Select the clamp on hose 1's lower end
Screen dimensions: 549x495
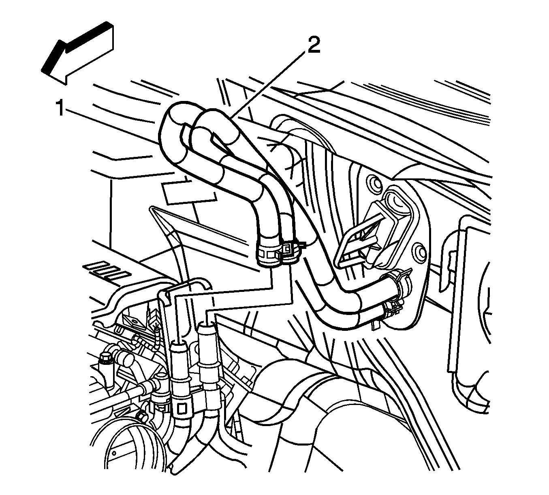coord(269,254)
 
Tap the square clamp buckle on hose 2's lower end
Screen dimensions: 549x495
coord(287,249)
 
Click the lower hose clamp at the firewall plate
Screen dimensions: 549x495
coord(392,311)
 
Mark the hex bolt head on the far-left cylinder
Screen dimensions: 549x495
coord(104,358)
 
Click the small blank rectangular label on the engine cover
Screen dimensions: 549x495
coord(188,193)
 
